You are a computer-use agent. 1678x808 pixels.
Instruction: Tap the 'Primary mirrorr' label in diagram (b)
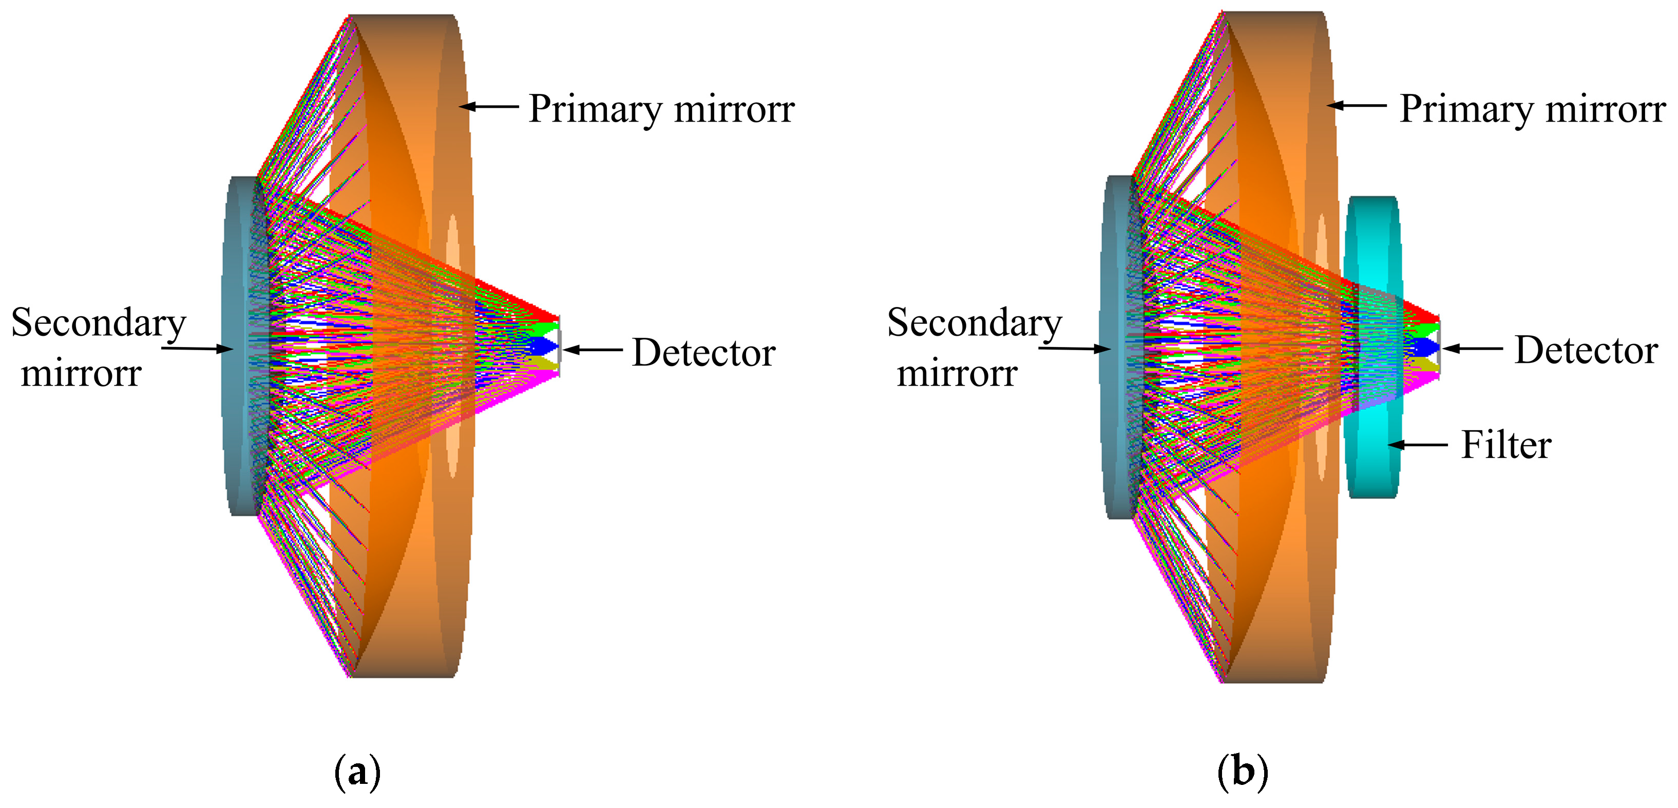(x=1532, y=109)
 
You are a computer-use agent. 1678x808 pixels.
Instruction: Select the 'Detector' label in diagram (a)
(x=703, y=352)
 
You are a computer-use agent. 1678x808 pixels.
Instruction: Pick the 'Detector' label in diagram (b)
(x=1586, y=350)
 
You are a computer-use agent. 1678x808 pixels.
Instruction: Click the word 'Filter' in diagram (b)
(x=1506, y=446)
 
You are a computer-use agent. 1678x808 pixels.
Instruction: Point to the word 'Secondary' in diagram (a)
(x=99, y=322)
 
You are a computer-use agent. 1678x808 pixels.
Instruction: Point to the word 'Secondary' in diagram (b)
(x=975, y=322)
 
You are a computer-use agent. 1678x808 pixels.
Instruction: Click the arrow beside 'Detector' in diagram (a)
(x=593, y=350)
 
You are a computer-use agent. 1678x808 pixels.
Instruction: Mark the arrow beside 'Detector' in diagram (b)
(x=1473, y=349)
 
